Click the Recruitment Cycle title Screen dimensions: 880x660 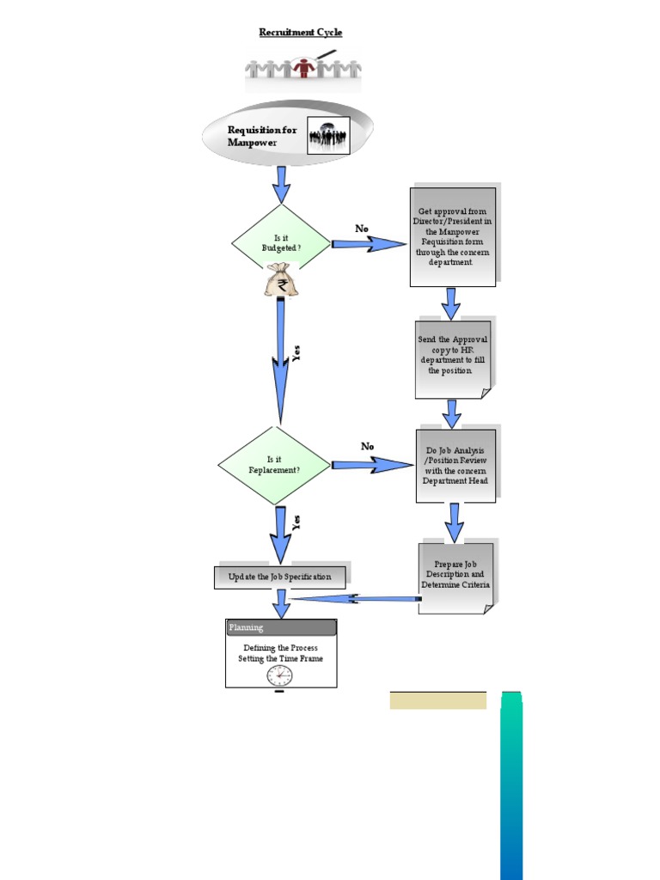point(301,33)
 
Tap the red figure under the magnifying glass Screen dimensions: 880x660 point(302,68)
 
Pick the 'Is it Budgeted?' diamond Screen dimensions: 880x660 point(281,243)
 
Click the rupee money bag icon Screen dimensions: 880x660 point(281,281)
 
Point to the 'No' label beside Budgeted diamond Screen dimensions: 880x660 point(362,229)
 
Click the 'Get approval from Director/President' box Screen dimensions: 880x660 point(452,236)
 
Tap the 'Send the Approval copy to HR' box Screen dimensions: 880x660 point(452,356)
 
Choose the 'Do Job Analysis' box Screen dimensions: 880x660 point(455,465)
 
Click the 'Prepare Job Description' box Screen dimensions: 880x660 point(455,575)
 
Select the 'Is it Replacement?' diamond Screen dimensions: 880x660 point(274,465)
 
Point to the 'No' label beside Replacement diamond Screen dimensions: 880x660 point(368,447)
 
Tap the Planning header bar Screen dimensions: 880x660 point(281,627)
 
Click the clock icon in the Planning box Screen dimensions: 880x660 point(279,675)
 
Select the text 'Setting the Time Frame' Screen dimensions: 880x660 point(281,659)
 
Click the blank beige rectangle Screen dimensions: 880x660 point(437,700)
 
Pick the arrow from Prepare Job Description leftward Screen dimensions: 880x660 point(357,599)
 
